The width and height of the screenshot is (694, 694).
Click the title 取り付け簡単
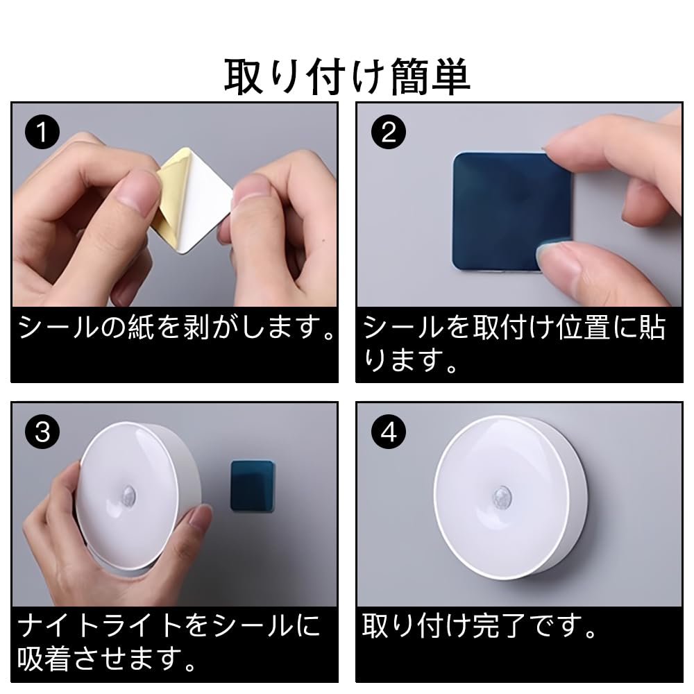[346, 77]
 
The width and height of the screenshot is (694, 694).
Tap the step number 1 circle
[42, 133]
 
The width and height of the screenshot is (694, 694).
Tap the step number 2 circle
[388, 133]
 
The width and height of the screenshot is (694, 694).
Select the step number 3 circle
[42, 432]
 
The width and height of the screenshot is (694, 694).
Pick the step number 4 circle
[388, 432]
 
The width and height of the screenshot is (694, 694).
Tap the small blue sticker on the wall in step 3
[253, 486]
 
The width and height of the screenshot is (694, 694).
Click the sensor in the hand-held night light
[128, 494]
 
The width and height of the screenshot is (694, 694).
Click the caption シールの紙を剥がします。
[176, 328]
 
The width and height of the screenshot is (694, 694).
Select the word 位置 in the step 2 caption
[583, 328]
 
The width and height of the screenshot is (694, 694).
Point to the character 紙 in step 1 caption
[142, 328]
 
